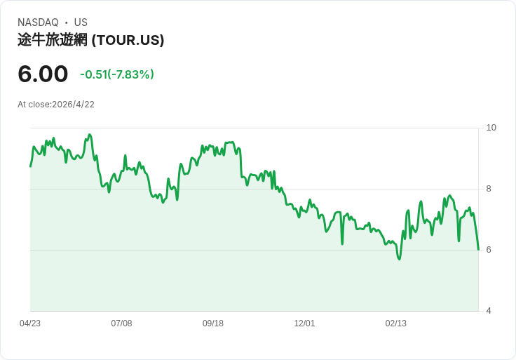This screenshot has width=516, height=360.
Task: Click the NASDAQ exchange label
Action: pos(38,22)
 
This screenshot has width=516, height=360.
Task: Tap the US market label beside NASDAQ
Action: pos(81,22)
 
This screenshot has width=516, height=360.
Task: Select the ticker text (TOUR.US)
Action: pos(128,40)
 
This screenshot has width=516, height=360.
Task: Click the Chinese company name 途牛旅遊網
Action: pos(53,40)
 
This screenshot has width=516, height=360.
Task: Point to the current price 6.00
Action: pos(43,74)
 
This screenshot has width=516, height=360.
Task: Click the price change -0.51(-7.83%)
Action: pos(117,74)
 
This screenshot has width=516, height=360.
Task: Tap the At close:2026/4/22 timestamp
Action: pos(56,105)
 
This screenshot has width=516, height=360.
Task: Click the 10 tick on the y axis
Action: pos(491,128)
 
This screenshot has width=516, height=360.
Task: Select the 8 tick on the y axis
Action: pos(489,189)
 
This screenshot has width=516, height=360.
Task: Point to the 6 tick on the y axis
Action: pos(489,250)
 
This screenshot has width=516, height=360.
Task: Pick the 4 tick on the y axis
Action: pos(489,311)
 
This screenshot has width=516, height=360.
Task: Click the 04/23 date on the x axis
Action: pos(30,324)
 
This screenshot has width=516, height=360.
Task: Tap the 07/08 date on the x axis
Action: pos(121,324)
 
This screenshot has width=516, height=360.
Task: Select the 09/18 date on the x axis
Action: pos(213,324)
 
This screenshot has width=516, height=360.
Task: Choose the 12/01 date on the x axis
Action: pos(304,324)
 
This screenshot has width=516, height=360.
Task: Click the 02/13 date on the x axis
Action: pos(396,324)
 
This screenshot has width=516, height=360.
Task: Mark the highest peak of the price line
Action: pos(90,134)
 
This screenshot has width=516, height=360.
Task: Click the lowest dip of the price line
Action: pos(399,259)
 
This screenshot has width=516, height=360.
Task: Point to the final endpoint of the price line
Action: pos(478,250)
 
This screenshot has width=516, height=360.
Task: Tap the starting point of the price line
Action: pos(30,166)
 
